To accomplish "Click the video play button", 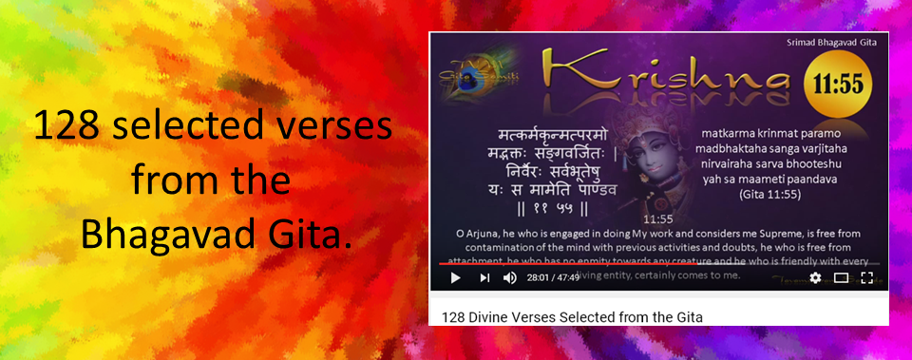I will (x=455, y=277).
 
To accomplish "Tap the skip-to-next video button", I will (x=484, y=277).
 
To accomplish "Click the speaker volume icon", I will (x=510, y=277).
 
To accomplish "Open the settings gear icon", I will (x=814, y=277).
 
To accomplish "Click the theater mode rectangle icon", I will (x=841, y=277).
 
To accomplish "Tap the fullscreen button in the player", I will (x=866, y=277).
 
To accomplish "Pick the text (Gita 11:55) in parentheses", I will (x=783, y=194).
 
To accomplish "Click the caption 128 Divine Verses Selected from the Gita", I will (x=573, y=316).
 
